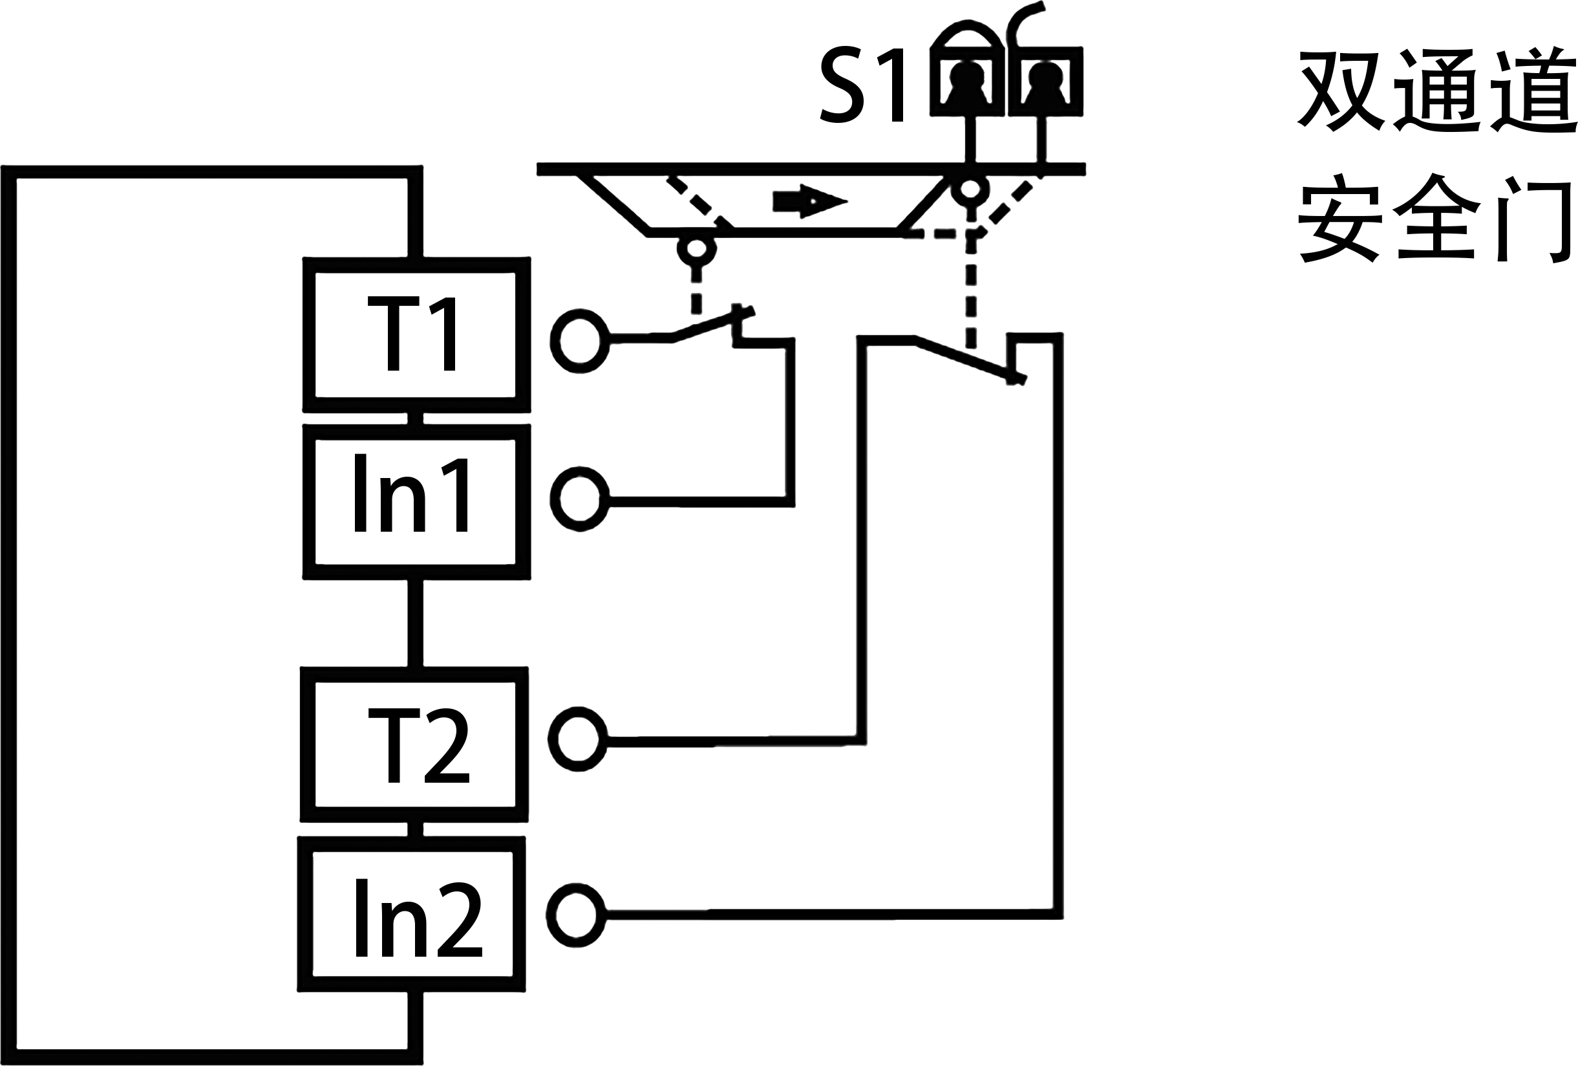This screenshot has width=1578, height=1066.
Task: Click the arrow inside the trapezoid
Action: click(x=809, y=201)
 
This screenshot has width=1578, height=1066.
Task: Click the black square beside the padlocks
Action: click(x=861, y=84)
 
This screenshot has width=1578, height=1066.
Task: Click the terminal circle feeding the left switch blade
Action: click(x=579, y=340)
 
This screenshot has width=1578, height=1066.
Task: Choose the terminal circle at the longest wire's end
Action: click(x=576, y=915)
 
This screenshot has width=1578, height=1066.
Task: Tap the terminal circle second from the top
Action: click(x=579, y=499)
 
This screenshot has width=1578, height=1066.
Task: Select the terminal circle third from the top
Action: click(x=579, y=739)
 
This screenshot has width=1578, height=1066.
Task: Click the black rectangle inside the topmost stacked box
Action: click(x=410, y=334)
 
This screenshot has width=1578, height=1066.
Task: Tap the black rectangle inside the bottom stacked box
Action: click(x=419, y=917)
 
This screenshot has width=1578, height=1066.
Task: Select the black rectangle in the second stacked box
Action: click(x=410, y=492)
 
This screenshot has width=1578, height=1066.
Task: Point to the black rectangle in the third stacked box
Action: click(x=418, y=745)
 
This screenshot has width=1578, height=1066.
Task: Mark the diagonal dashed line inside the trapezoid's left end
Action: click(x=699, y=202)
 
